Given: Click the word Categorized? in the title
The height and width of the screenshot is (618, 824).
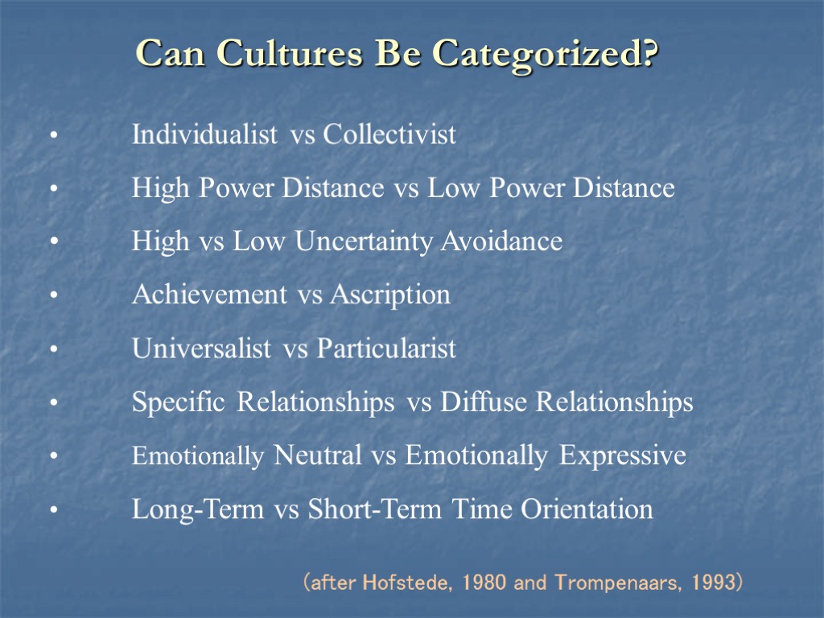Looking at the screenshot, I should (x=545, y=54).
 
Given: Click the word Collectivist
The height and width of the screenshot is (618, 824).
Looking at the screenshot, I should (x=389, y=134).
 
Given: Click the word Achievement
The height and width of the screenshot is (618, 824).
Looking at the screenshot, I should (x=209, y=295).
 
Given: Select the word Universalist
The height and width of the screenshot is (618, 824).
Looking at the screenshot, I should (x=201, y=348).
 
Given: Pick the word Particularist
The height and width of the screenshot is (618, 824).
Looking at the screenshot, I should (x=386, y=348).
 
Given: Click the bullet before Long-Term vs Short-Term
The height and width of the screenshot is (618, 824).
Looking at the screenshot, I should (x=52, y=510).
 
